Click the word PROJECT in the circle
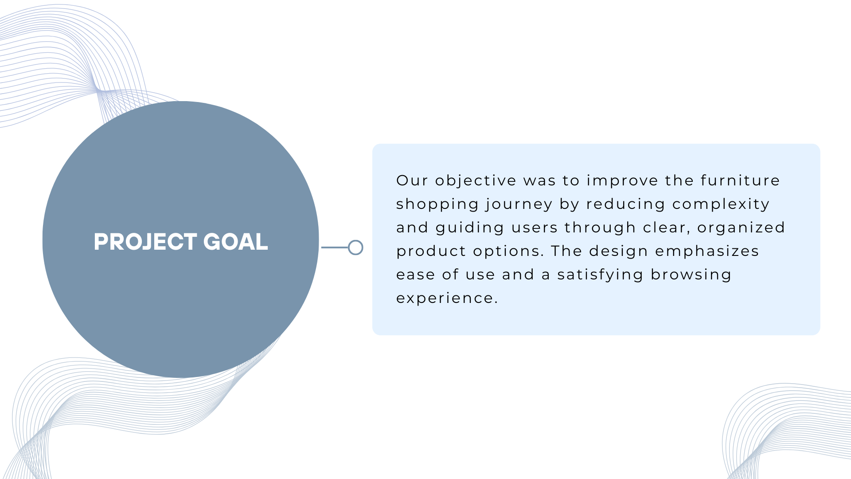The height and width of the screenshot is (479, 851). [145, 242]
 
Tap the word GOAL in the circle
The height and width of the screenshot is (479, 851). [235, 242]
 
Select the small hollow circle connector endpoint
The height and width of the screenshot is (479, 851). [355, 247]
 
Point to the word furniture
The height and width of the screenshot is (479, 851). [740, 181]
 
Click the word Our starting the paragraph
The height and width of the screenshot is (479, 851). [412, 181]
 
